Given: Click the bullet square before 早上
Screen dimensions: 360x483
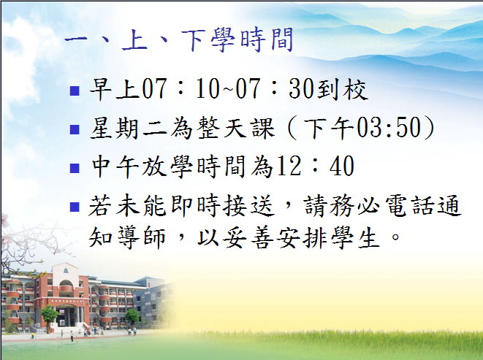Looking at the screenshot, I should (75, 91).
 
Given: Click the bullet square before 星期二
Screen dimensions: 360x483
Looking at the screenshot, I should (75, 130).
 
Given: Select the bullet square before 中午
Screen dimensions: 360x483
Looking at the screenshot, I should (75, 168).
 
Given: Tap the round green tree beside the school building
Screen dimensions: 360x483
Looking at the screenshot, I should (50, 315).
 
